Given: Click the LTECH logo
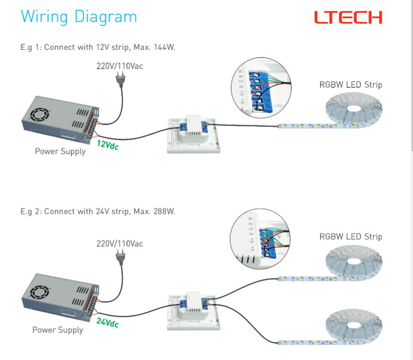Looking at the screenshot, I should [x=348, y=18].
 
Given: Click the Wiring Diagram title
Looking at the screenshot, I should [x=79, y=17].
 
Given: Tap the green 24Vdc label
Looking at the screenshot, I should [x=108, y=322].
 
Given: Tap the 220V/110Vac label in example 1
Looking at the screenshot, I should [x=120, y=66].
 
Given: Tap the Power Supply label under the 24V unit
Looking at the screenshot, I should [x=58, y=330].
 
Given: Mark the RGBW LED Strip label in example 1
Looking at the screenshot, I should [x=350, y=85].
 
